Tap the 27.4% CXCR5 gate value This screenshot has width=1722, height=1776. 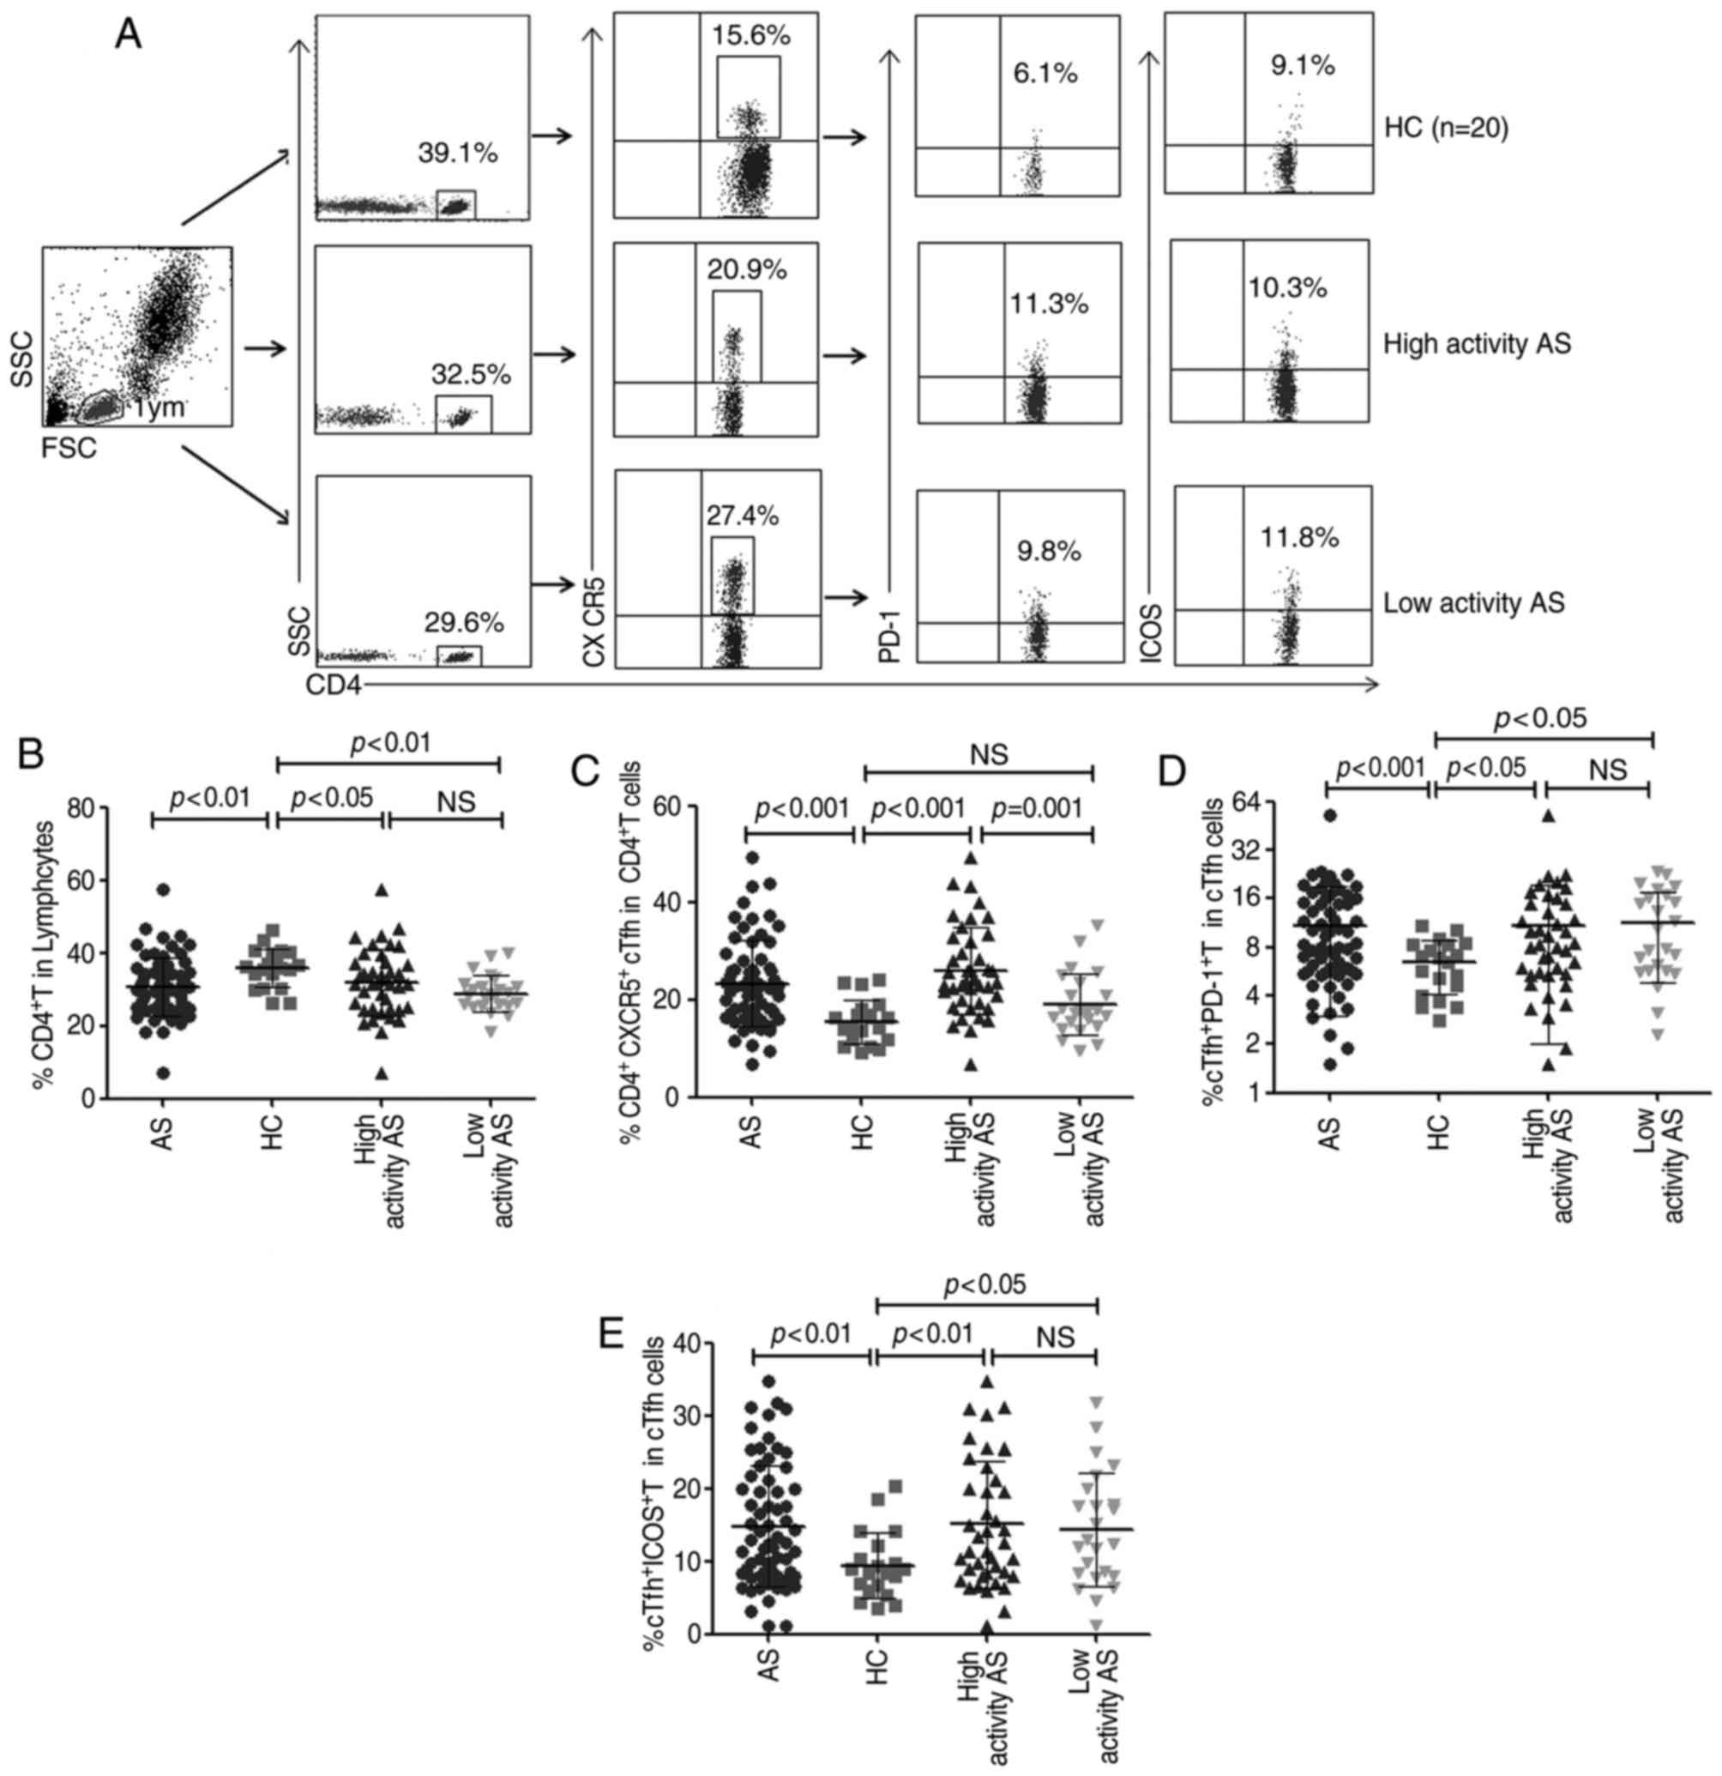pos(742,516)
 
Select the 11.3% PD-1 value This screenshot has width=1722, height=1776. pos(1049,304)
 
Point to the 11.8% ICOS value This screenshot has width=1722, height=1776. pos(1300,537)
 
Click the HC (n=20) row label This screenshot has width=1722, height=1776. pos(1447,130)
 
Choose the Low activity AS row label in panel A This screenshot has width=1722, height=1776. pos(1474,602)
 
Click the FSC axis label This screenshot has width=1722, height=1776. pos(69,448)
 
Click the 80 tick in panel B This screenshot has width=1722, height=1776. pos(81,807)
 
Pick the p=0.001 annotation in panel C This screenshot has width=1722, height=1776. pos(1036,807)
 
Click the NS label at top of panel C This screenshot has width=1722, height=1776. pos(988,754)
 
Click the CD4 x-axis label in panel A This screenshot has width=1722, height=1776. pos(334,686)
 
